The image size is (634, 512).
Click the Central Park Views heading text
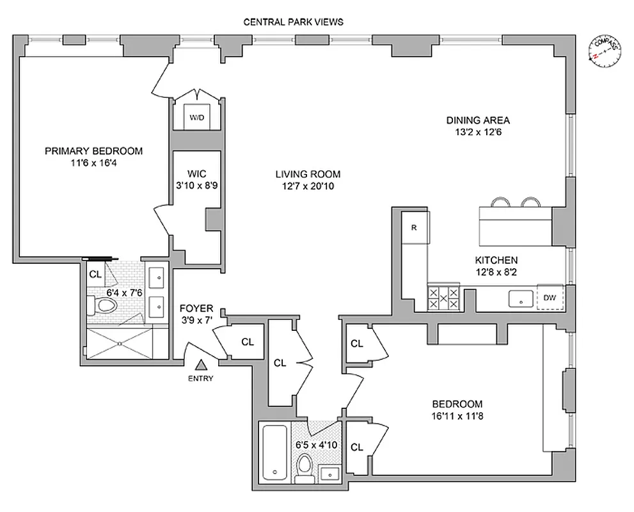(x=294, y=21)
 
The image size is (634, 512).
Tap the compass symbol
(x=603, y=52)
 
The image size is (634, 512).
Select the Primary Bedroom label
(x=93, y=151)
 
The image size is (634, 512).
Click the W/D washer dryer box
(x=195, y=117)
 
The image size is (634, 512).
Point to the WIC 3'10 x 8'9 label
(x=195, y=185)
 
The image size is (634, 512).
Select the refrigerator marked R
(x=415, y=227)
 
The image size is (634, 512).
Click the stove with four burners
(x=443, y=296)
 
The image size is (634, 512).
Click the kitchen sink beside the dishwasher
(x=520, y=298)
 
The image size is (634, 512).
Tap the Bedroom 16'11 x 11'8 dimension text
(x=457, y=416)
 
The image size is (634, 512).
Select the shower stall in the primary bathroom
(x=120, y=344)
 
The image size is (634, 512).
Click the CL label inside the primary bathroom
(x=95, y=274)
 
